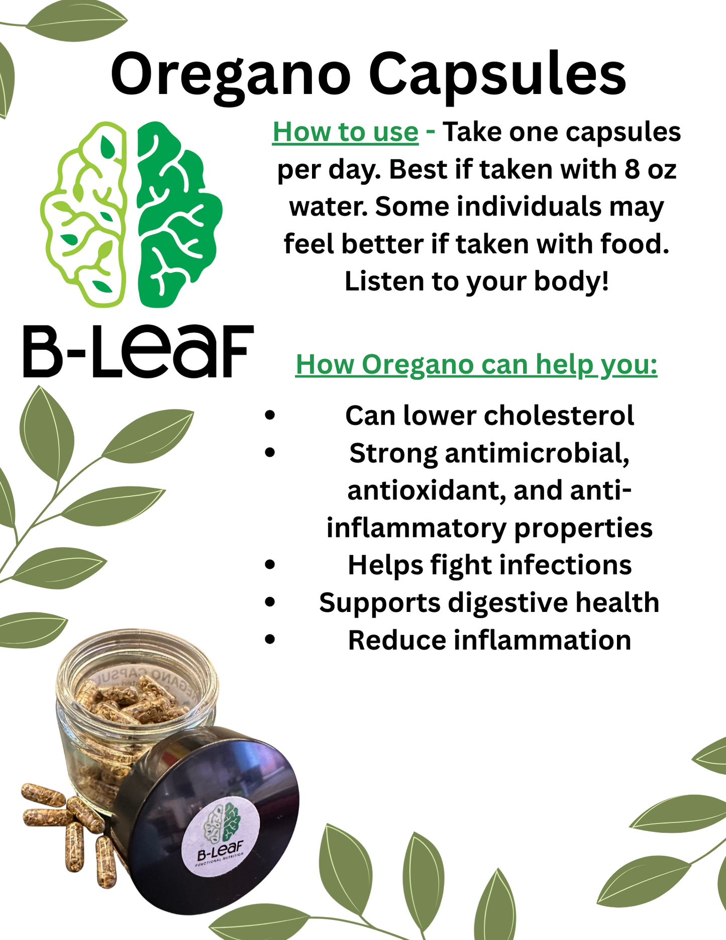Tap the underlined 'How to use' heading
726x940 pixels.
[x=345, y=133]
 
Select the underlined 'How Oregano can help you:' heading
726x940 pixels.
[x=476, y=365]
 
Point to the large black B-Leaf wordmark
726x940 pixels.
[x=138, y=351]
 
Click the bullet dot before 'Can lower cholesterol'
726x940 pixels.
[x=270, y=416]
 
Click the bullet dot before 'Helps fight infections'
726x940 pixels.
[x=270, y=565]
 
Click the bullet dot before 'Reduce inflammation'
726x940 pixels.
[x=270, y=640]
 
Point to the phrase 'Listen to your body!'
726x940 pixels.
[x=476, y=281]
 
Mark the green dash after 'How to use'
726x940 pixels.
[x=430, y=133]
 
